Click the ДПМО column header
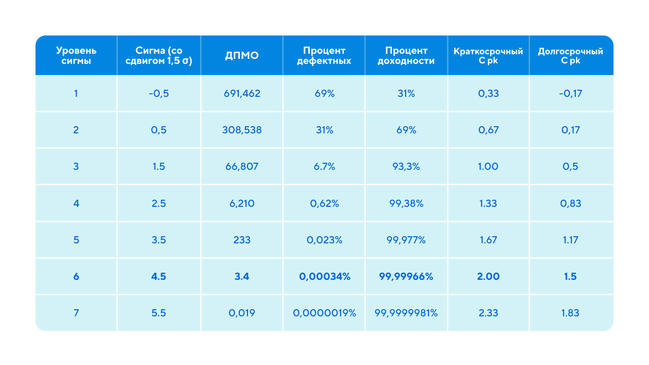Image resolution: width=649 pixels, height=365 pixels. (242, 56)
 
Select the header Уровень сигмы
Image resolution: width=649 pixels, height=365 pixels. (76, 56)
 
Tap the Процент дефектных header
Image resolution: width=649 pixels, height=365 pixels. (324, 56)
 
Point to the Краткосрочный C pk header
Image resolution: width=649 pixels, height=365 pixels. (488, 56)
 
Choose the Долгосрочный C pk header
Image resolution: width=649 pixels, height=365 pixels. (570, 56)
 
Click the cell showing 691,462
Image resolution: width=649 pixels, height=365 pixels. (242, 93)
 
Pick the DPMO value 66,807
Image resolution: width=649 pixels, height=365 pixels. (242, 166)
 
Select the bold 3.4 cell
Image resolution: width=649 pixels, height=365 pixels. (242, 276)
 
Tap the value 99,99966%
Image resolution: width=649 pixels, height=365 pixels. (406, 276)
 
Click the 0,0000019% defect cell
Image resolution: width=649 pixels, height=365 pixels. (324, 313)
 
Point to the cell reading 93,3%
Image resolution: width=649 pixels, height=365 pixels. (406, 166)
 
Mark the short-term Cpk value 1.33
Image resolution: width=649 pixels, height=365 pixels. (488, 203)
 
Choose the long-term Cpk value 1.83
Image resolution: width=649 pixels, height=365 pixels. (570, 313)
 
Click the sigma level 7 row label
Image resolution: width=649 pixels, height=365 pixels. (76, 313)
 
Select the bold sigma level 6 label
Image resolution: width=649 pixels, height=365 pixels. (76, 276)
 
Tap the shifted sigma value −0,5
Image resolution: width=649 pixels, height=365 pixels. (159, 93)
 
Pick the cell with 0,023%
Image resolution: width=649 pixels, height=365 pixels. (324, 240)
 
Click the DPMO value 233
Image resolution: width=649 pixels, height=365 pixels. (242, 240)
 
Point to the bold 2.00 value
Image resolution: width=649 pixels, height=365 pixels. (488, 276)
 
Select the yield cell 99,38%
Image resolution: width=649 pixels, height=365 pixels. (406, 203)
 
